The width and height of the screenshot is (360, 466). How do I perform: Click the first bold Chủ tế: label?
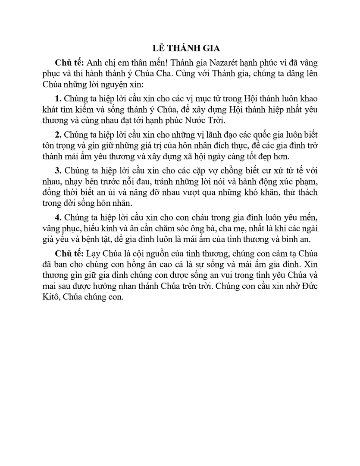66,62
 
